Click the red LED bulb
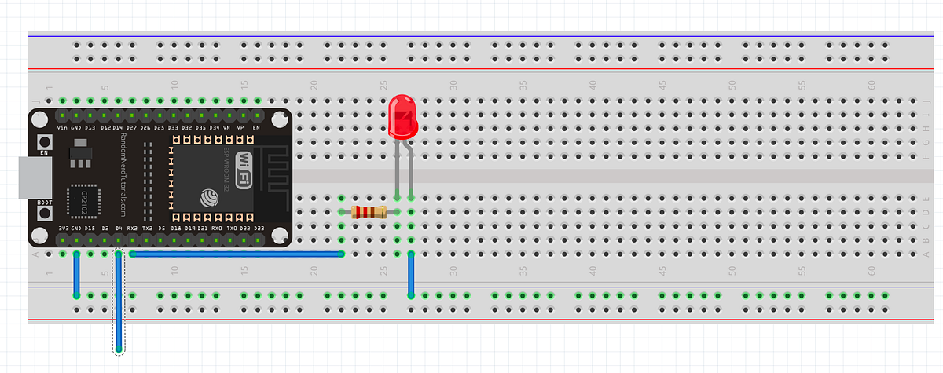tap(403, 116)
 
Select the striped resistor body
tap(368, 211)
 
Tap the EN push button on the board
tap(45, 145)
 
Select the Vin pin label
tap(62, 126)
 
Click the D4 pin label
tap(118, 229)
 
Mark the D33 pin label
tap(173, 126)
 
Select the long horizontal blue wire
tap(236, 254)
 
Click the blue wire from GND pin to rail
tap(76, 275)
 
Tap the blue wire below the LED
tap(411, 275)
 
